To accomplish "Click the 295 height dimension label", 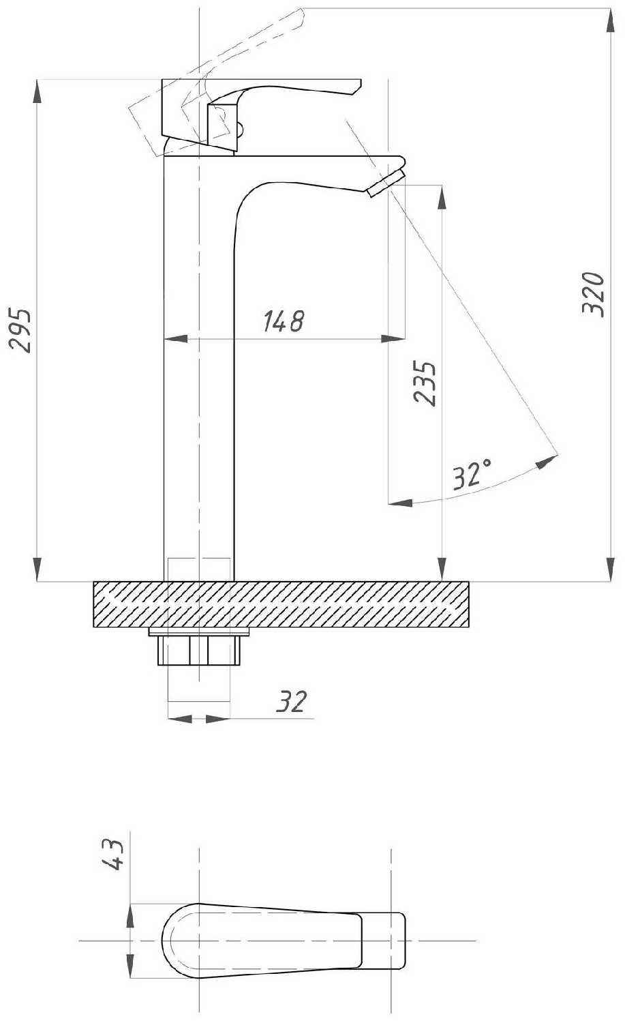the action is click(x=20, y=331).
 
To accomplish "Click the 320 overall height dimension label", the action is click(x=594, y=294).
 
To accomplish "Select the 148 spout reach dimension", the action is click(x=284, y=321).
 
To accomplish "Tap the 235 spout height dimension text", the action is click(x=425, y=383).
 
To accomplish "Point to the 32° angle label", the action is click(x=472, y=475).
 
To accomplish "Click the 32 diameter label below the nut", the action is click(x=291, y=701).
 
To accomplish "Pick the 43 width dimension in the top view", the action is click(x=112, y=855).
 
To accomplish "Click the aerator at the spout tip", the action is click(x=386, y=183).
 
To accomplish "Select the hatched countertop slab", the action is click(x=281, y=604).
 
